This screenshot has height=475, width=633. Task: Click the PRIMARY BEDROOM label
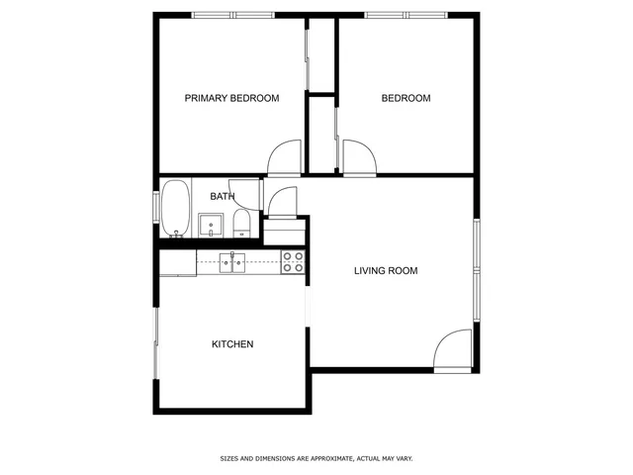232,99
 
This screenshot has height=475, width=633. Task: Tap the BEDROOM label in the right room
407,99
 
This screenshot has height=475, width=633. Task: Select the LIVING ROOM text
386,270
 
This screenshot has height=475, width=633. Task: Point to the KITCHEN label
232,344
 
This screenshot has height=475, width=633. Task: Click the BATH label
222,197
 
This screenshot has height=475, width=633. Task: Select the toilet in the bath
241,224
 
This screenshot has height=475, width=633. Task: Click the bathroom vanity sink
213,226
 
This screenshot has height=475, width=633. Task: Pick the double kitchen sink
232,262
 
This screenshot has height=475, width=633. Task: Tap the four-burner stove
294,262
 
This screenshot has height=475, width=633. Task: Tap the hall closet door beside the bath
282,202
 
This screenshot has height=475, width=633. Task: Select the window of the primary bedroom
233,15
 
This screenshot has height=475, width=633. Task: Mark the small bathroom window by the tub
155,208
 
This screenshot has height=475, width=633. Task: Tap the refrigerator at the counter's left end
178,262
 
